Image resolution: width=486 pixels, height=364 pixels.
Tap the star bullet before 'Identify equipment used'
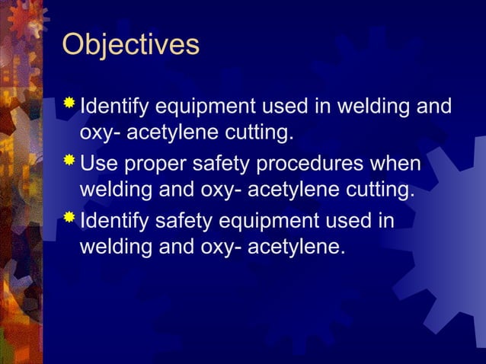[x=70, y=103]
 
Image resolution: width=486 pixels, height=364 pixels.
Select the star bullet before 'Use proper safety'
[x=70, y=161]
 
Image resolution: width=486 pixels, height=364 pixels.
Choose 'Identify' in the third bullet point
[x=114, y=223]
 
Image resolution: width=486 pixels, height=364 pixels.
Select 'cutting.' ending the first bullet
[x=256, y=134]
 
